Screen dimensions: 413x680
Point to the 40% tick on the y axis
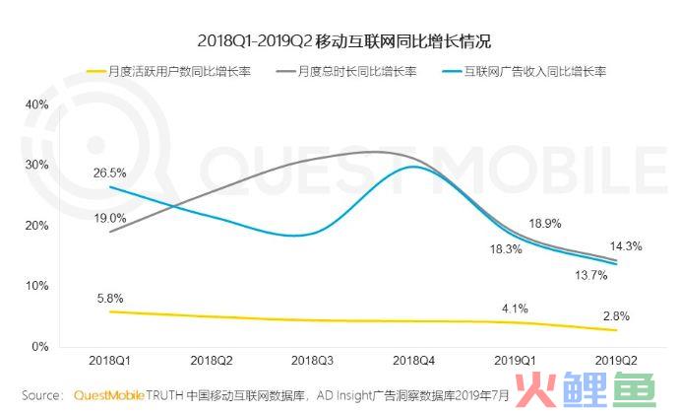(35, 103)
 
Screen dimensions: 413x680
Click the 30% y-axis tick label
(35, 165)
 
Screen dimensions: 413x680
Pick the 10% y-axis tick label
(35, 285)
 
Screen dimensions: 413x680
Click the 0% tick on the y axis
(38, 346)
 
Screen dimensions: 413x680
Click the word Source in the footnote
(39, 394)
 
